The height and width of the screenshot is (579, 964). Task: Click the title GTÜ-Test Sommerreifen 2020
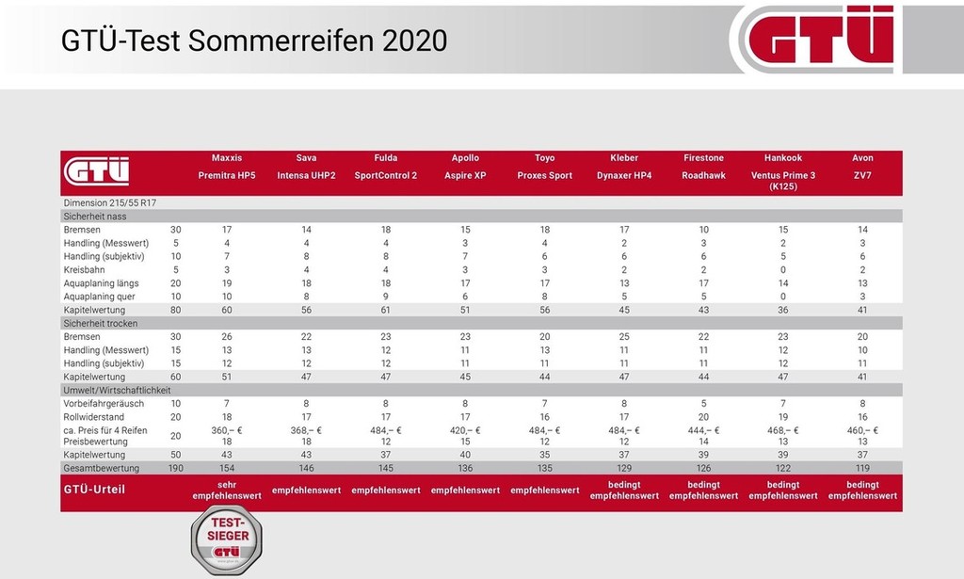[253, 40]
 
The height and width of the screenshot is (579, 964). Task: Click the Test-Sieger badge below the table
[227, 539]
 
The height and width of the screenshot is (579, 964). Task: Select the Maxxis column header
[227, 158]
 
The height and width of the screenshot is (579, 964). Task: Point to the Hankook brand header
[783, 158]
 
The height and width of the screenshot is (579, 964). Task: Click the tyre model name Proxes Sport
[544, 176]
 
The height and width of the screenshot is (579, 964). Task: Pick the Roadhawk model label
[704, 176]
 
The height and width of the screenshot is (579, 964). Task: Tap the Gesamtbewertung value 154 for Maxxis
[227, 468]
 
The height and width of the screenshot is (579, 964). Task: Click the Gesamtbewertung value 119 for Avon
[862, 468]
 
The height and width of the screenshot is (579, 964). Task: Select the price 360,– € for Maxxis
[227, 430]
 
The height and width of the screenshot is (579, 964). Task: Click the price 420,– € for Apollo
[465, 430]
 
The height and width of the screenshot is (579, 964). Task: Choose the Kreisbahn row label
[84, 269]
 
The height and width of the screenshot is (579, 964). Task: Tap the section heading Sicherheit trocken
[101, 324]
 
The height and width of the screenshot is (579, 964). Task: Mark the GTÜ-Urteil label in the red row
[94, 490]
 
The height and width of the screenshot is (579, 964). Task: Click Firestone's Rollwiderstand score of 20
[704, 416]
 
